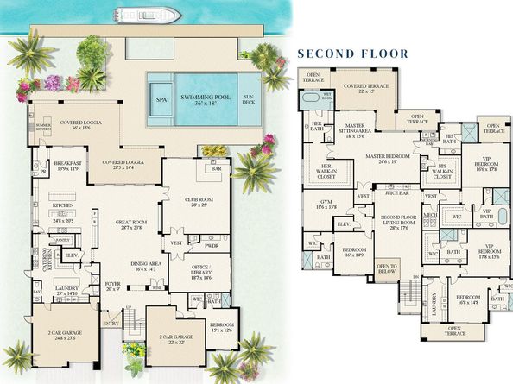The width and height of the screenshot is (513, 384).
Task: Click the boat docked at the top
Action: point(147,15)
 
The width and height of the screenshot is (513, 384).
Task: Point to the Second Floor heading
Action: point(352,54)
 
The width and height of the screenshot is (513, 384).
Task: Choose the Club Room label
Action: point(198,203)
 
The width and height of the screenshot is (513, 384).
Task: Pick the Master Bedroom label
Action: point(387,157)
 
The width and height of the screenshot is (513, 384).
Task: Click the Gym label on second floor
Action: point(326,205)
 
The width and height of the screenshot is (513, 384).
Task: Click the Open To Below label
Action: point(387,268)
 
